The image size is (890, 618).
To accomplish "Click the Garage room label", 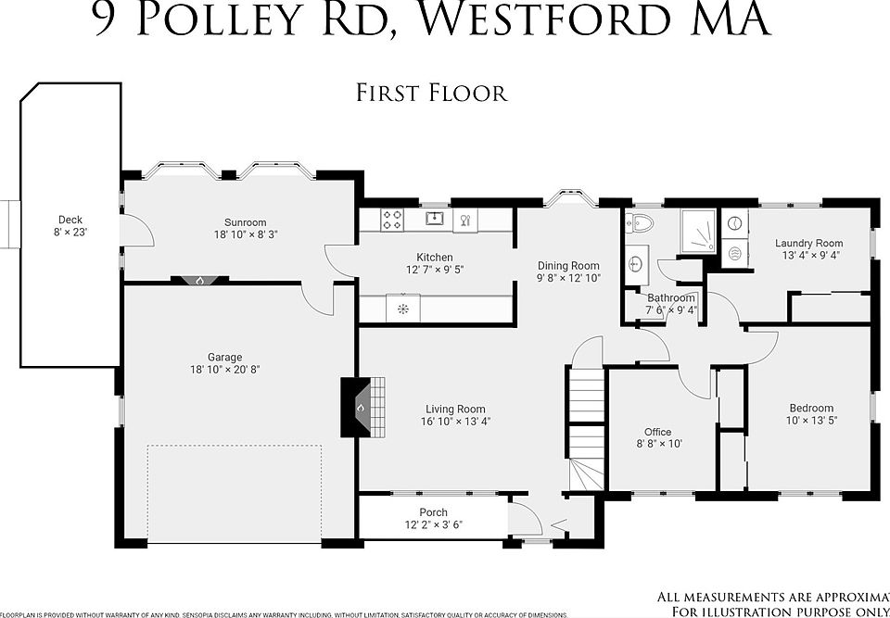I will [x=224, y=357].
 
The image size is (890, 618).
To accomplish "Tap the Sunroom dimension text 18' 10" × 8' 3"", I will [x=245, y=235].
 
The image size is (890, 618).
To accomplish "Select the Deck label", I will [x=70, y=221].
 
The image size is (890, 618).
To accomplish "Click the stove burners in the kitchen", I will [x=393, y=220].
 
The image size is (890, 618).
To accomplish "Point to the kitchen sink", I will [x=434, y=219].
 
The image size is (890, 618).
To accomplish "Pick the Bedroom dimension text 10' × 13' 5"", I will [x=811, y=421].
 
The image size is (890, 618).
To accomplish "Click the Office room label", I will [x=657, y=432].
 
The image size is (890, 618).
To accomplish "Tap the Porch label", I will [x=433, y=512].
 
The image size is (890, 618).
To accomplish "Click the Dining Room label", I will [x=568, y=266].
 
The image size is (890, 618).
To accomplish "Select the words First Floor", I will [x=431, y=93].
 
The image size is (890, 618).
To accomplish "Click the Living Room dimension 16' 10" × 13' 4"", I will [x=455, y=422].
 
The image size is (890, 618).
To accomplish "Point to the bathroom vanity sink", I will [x=637, y=262].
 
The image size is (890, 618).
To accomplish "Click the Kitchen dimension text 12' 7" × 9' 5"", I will [x=434, y=270].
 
